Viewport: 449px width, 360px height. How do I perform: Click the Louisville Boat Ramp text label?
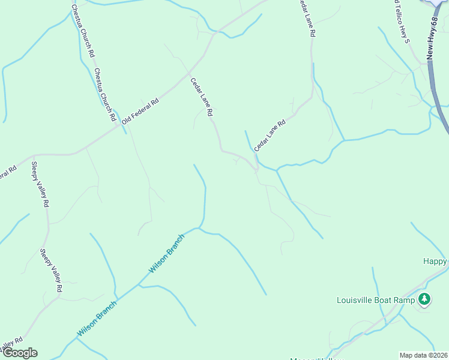point(376,300)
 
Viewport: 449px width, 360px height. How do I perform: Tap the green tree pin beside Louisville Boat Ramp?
point(424,299)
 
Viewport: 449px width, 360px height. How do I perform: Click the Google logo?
point(19,353)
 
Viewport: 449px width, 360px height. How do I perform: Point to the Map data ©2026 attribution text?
point(423,355)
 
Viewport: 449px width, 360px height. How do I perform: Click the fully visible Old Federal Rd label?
point(140,111)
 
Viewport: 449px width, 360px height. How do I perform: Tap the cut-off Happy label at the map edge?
point(435,261)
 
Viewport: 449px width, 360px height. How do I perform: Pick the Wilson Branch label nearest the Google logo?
point(97,318)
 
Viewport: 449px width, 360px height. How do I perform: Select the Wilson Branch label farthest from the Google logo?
point(167,254)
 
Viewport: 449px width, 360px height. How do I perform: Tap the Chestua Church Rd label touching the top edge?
point(83,30)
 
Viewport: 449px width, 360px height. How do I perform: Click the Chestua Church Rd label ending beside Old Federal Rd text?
point(104,95)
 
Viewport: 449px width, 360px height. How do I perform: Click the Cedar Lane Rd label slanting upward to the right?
point(270,134)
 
